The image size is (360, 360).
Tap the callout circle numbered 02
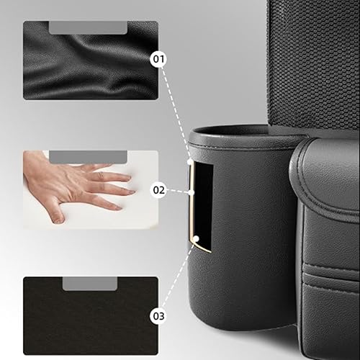point(158,190)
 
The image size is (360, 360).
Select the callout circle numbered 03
point(158,315)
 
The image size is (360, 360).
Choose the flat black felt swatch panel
point(90,317)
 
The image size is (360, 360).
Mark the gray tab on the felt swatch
point(90,284)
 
